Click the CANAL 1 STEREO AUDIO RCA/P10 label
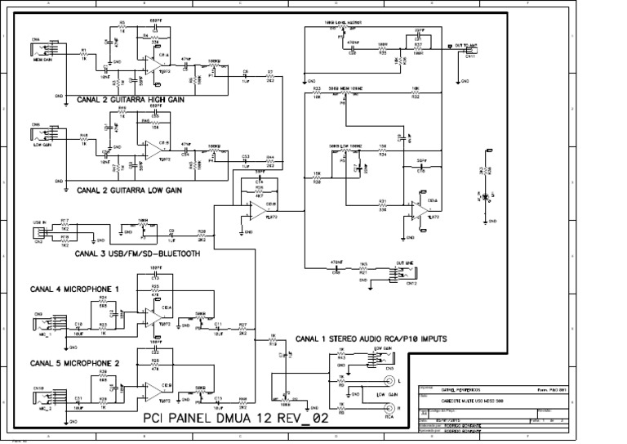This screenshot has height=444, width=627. coord(371,338)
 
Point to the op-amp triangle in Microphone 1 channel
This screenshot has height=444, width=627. coord(153,314)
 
